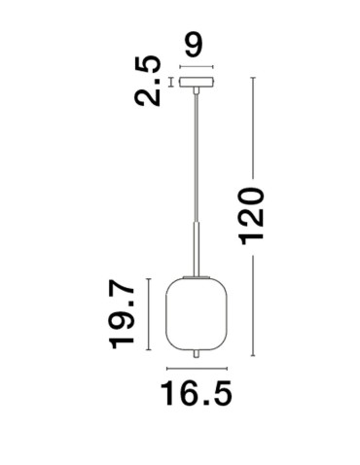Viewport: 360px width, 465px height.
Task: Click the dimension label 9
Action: click(x=195, y=45)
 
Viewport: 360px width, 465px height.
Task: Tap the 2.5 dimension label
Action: click(x=149, y=81)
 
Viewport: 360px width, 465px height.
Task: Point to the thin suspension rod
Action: click(x=198, y=156)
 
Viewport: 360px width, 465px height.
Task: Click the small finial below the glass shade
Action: click(x=198, y=353)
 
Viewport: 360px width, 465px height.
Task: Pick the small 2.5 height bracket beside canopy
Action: click(x=171, y=82)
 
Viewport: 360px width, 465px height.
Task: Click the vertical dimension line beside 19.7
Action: click(x=147, y=313)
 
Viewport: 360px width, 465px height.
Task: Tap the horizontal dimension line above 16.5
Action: click(x=198, y=370)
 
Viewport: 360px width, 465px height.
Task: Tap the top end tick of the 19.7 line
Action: click(x=147, y=278)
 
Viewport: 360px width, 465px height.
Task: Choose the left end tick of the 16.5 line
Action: click(x=167, y=370)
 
